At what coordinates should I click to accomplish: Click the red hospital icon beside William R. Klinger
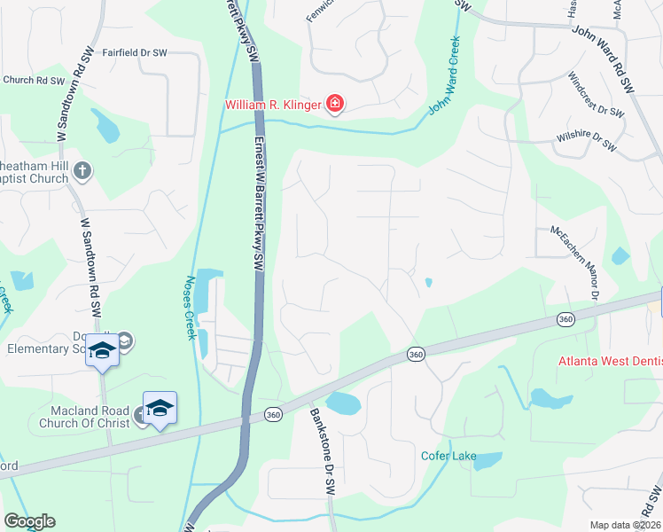pos(335,106)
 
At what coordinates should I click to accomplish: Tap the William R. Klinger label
pos(274,106)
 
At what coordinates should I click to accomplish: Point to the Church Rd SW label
pos(35,80)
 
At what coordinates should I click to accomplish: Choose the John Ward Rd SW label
pos(604,59)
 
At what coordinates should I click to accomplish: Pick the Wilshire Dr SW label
pos(586,141)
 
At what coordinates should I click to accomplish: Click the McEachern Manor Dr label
pos(575,262)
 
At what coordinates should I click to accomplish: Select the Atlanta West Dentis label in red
pos(610,361)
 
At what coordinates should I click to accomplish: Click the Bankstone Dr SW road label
pos(322,450)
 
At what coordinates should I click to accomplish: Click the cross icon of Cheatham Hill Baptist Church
pos(82,170)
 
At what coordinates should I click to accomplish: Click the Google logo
pos(29,520)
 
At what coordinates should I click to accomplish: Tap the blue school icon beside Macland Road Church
pos(160,408)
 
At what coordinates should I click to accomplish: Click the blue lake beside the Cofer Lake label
pos(487,461)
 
